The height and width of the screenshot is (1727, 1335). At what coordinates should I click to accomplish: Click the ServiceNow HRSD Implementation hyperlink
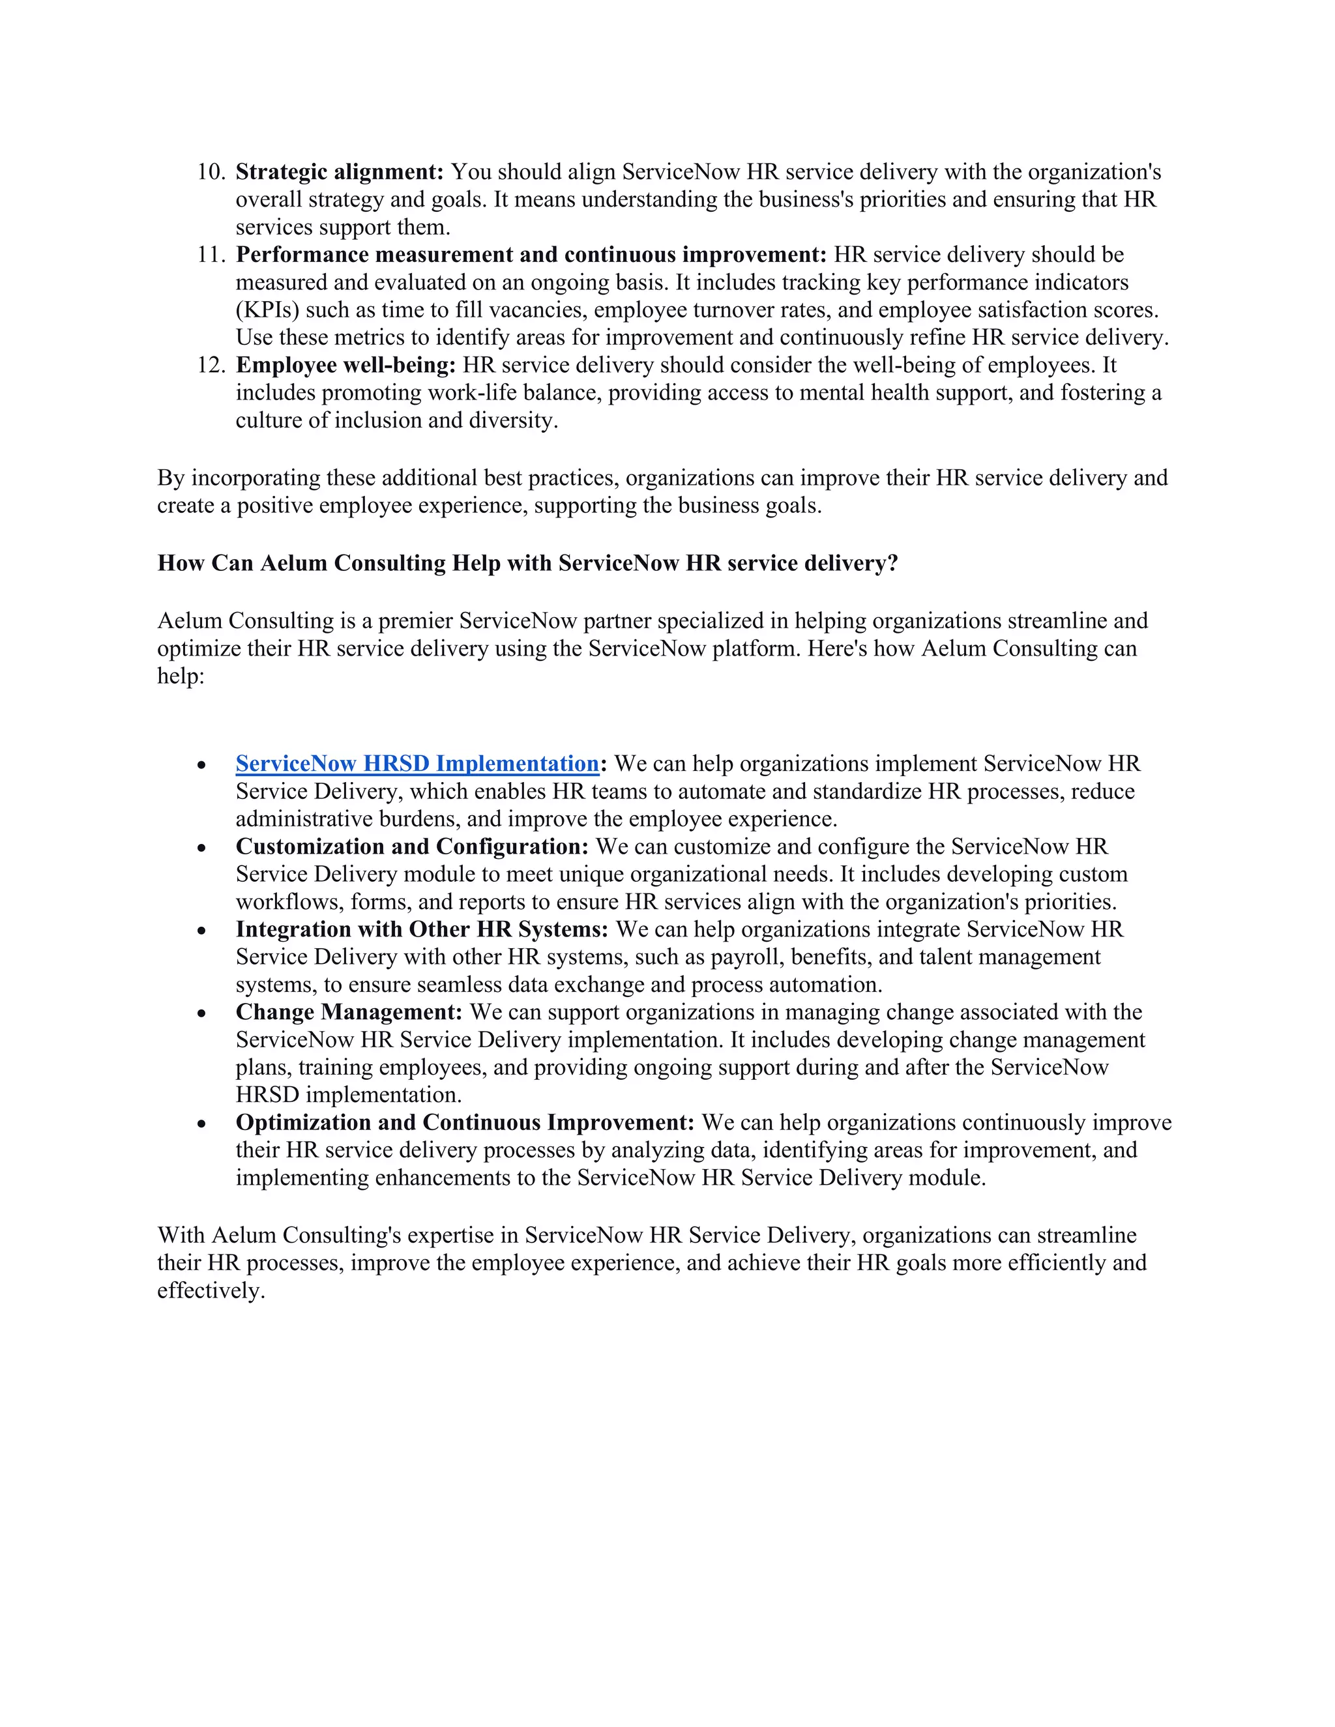[x=417, y=764]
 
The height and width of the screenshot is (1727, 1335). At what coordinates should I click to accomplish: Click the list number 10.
[x=211, y=171]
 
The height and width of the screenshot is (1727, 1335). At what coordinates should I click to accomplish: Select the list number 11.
[x=211, y=255]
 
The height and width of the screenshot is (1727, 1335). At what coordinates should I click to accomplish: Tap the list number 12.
[x=211, y=366]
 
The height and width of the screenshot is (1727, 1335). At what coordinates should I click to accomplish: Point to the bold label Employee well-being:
[x=345, y=366]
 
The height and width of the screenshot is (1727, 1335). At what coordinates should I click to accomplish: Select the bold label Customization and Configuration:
[x=412, y=847]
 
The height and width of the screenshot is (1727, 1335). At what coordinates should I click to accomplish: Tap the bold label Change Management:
[x=349, y=1012]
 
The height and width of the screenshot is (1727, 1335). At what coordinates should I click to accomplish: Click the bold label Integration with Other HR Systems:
[x=422, y=929]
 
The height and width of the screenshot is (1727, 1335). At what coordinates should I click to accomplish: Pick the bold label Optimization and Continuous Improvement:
[x=465, y=1123]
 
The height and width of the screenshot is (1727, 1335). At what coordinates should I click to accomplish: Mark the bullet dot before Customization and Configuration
[x=203, y=849]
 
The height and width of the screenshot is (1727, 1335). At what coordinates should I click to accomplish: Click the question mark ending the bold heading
[x=892, y=563]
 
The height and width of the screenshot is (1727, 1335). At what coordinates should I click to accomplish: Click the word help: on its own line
[x=181, y=676]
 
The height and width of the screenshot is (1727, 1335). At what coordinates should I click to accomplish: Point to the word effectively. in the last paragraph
[x=211, y=1290]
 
